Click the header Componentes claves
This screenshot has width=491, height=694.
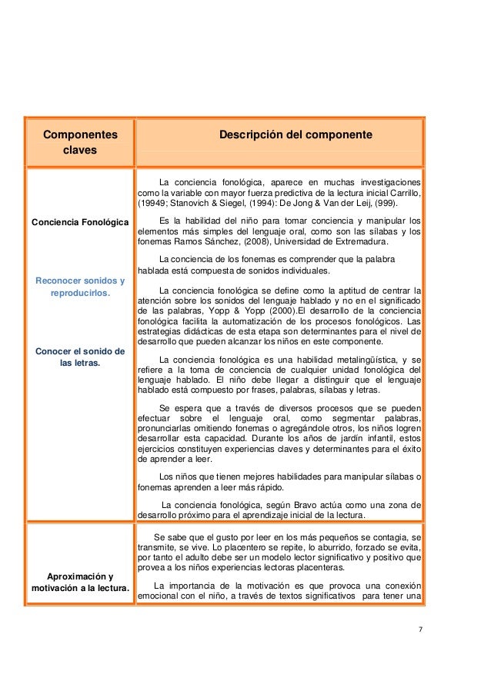(x=80, y=142)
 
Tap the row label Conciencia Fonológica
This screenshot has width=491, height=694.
(x=80, y=223)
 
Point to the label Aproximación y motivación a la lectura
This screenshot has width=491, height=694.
(x=80, y=583)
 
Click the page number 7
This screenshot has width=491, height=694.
(x=420, y=630)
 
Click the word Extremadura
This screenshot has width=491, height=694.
(x=363, y=240)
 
